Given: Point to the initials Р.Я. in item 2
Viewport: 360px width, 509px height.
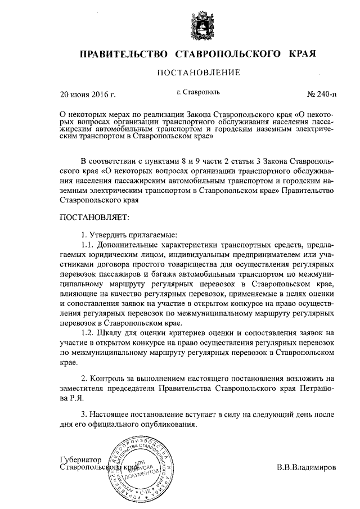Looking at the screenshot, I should click(76, 398).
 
